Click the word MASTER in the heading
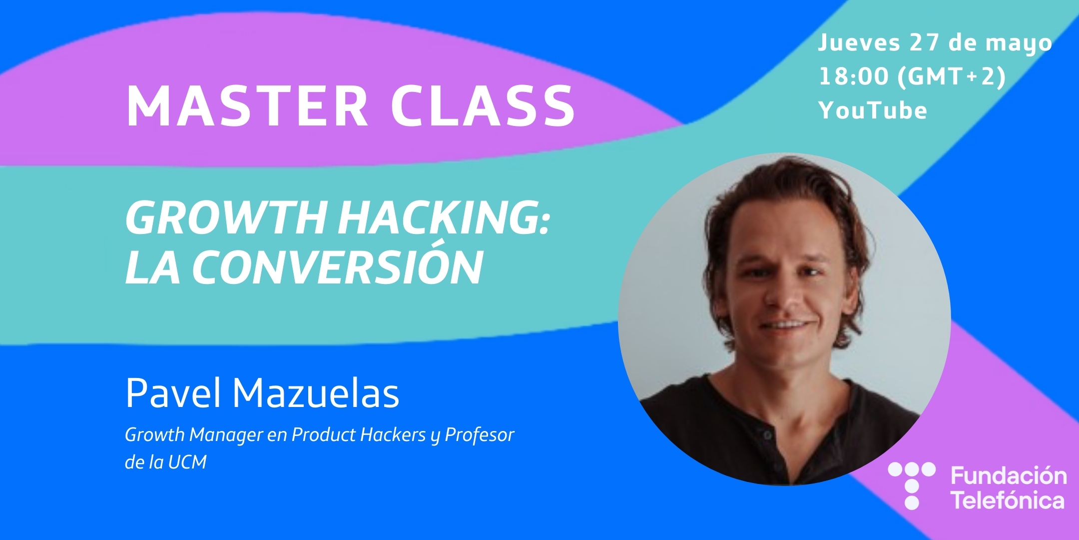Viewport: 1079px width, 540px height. [x=247, y=106]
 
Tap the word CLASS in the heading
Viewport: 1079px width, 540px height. [x=483, y=106]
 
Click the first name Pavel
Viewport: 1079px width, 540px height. [x=173, y=393]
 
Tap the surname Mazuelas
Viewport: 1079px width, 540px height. [x=316, y=393]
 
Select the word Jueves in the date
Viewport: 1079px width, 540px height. [x=859, y=42]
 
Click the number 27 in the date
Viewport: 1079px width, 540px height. [x=925, y=42]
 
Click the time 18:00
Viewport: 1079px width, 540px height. [x=854, y=76]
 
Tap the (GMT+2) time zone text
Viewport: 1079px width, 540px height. [x=952, y=77]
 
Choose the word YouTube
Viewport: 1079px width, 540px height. [x=873, y=110]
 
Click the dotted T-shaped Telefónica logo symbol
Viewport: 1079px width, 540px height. [x=912, y=485]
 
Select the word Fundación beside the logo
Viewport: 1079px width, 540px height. [x=1009, y=475]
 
